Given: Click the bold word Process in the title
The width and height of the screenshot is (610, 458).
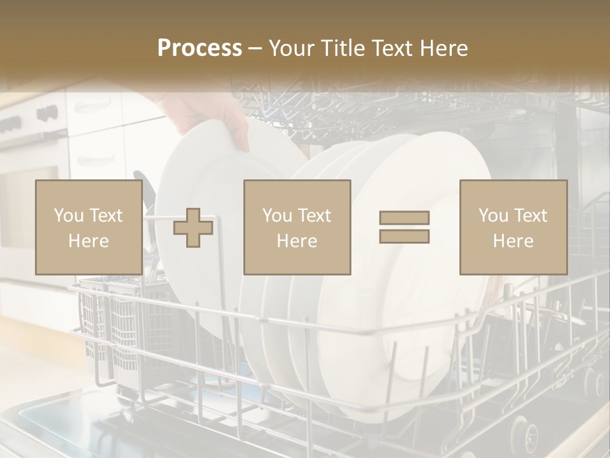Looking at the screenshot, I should pyautogui.click(x=200, y=48).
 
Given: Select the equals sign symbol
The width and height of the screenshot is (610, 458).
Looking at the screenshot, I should pyautogui.click(x=404, y=227).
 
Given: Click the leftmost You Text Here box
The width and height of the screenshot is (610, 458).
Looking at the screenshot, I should pyautogui.click(x=88, y=228).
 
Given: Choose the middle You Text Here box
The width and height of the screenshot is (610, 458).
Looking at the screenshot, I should pyautogui.click(x=297, y=228).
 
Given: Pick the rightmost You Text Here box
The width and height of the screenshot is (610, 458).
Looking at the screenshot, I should pyautogui.click(x=513, y=228).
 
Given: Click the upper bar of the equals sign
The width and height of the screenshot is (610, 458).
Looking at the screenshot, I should pyautogui.click(x=404, y=218).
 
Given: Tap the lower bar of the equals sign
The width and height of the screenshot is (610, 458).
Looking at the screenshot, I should pyautogui.click(x=404, y=237).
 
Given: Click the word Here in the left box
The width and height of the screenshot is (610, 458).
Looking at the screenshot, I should pyautogui.click(x=88, y=241).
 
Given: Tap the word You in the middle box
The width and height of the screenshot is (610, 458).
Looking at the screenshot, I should pyautogui.click(x=276, y=216).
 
